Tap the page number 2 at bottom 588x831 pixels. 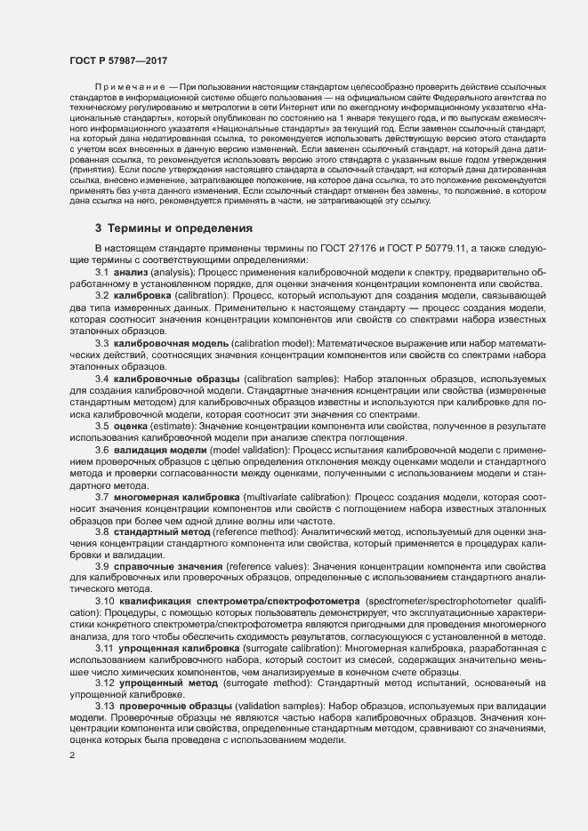point(71,756)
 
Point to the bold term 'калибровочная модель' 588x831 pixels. point(172,343)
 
